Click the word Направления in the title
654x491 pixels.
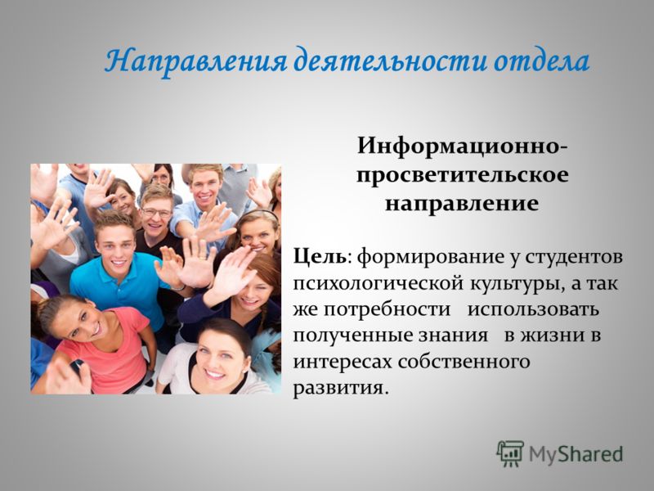(x=196, y=62)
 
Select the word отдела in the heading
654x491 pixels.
(x=541, y=61)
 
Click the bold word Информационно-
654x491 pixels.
(x=462, y=147)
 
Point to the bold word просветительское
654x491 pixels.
(x=463, y=175)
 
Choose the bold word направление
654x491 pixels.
(x=462, y=204)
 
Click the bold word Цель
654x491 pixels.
(x=320, y=256)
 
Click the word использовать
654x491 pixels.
(x=533, y=310)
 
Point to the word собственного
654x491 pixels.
(x=464, y=362)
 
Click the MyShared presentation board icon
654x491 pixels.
(x=509, y=453)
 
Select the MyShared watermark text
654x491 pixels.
(x=576, y=454)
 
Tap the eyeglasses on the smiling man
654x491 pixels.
(x=156, y=213)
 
